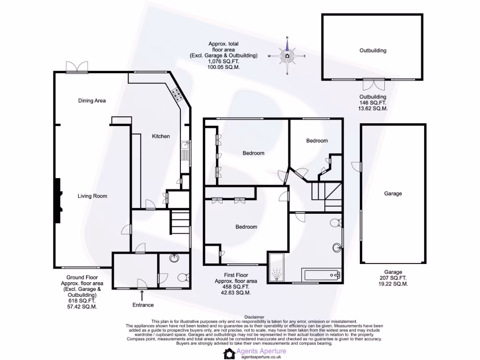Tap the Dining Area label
point(91,100)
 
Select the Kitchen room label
point(160,136)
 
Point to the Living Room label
point(92,196)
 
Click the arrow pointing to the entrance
point(142,294)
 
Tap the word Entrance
point(142,305)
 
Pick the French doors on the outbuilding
point(373,85)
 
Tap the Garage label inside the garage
point(393,193)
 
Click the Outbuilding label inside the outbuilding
point(373,50)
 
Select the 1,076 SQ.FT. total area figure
point(223,61)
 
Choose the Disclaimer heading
point(254,317)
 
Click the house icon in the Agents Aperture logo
point(229,353)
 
